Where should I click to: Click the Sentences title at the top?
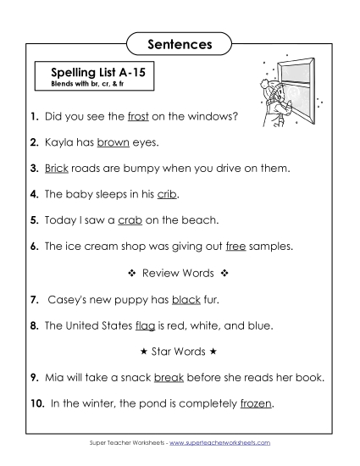(180, 42)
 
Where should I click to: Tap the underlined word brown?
(113, 143)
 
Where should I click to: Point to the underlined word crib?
(167, 194)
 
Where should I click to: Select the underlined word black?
(186, 299)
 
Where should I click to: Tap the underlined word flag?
(146, 325)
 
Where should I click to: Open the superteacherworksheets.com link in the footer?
(226, 442)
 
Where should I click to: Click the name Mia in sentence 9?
(53, 378)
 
